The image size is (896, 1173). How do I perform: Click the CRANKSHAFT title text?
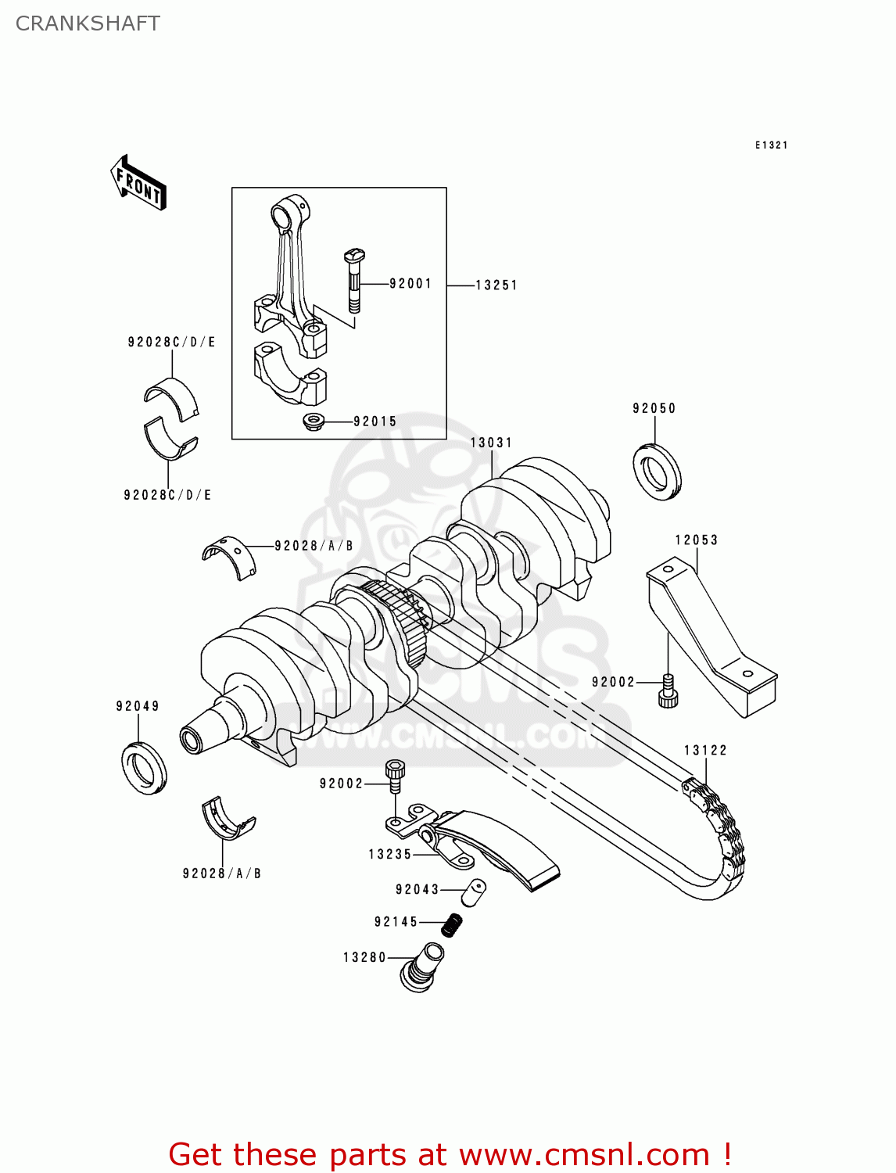(x=88, y=23)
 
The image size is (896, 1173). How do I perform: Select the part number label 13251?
(x=496, y=285)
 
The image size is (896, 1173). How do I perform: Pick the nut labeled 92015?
(x=314, y=422)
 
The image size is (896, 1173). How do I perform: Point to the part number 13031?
(x=491, y=443)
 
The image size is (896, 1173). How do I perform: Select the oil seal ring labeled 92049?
(x=144, y=766)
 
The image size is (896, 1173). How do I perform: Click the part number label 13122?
(x=705, y=751)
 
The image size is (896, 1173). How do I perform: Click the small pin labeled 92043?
(x=473, y=892)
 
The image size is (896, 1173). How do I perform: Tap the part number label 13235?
(x=390, y=855)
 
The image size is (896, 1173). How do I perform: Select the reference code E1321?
(x=771, y=145)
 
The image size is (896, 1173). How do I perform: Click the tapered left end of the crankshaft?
(x=205, y=727)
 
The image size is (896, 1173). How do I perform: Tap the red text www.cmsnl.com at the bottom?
(x=583, y=1154)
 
